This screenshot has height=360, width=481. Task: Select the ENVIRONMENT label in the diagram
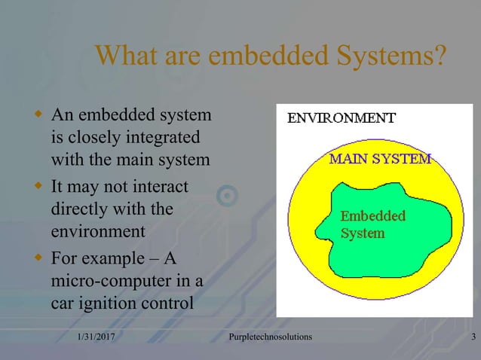tap(341, 118)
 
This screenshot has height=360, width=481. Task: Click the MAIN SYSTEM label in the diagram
tap(380, 159)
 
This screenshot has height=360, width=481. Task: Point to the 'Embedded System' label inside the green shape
tap(373, 224)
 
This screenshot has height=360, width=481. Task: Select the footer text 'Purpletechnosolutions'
tap(270, 336)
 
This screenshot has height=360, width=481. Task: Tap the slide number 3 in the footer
tap(472, 336)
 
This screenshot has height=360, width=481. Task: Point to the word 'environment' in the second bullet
tap(98, 230)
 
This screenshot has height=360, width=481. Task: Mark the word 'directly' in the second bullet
tap(82, 208)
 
